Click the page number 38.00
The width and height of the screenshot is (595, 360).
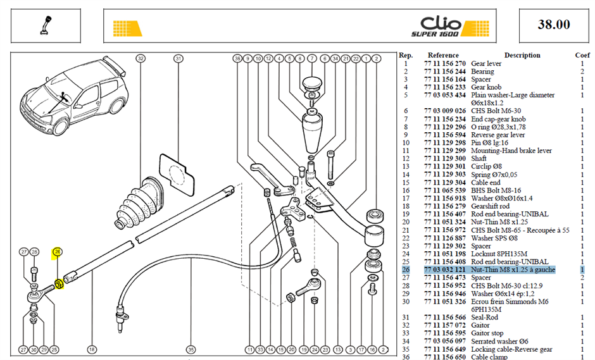554,25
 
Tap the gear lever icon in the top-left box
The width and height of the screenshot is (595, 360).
46,25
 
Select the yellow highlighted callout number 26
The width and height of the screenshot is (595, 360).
58,252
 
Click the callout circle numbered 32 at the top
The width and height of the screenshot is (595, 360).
141,58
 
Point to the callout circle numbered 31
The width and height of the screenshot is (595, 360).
178,58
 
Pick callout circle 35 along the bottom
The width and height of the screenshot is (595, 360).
191,349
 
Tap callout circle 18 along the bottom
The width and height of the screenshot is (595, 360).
92,349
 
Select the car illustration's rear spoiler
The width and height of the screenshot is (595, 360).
116,65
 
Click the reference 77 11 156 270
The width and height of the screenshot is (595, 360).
445,63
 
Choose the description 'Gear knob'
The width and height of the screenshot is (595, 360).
486,87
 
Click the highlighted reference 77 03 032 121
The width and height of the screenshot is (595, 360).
445,270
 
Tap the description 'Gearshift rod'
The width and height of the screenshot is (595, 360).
490,206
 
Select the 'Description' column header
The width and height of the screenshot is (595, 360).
522,56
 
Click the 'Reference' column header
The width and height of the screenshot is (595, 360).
443,56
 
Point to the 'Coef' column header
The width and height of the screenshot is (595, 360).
582,56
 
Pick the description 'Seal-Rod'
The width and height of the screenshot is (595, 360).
484,318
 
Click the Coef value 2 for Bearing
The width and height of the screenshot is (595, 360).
582,71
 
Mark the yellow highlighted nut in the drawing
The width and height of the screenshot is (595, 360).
59,283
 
